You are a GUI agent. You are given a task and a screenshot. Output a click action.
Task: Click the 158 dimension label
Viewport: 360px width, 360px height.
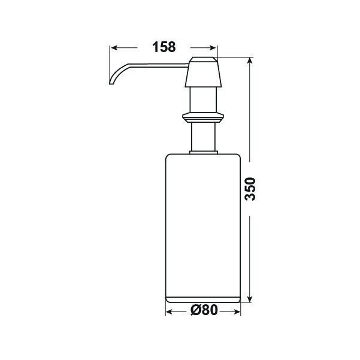[x=164, y=47]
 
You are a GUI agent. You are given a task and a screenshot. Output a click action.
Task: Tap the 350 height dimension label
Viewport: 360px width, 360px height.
[x=250, y=189]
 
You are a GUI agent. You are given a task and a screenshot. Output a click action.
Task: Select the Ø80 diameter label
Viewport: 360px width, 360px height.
[x=204, y=310]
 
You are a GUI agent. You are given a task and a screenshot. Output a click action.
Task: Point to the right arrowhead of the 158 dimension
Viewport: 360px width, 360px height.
[x=213, y=48]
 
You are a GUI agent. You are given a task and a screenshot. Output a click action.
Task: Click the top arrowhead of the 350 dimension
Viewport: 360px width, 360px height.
[x=250, y=60]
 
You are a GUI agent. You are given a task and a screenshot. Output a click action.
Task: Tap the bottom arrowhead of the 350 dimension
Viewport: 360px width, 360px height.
[x=250, y=299]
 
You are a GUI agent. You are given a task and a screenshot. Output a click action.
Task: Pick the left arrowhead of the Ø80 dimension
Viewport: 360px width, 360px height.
[x=170, y=312]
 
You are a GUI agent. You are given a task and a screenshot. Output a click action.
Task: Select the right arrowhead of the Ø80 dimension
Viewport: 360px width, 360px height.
[x=237, y=312]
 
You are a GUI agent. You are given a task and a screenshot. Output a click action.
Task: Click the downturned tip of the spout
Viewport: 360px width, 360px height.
[x=111, y=83]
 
